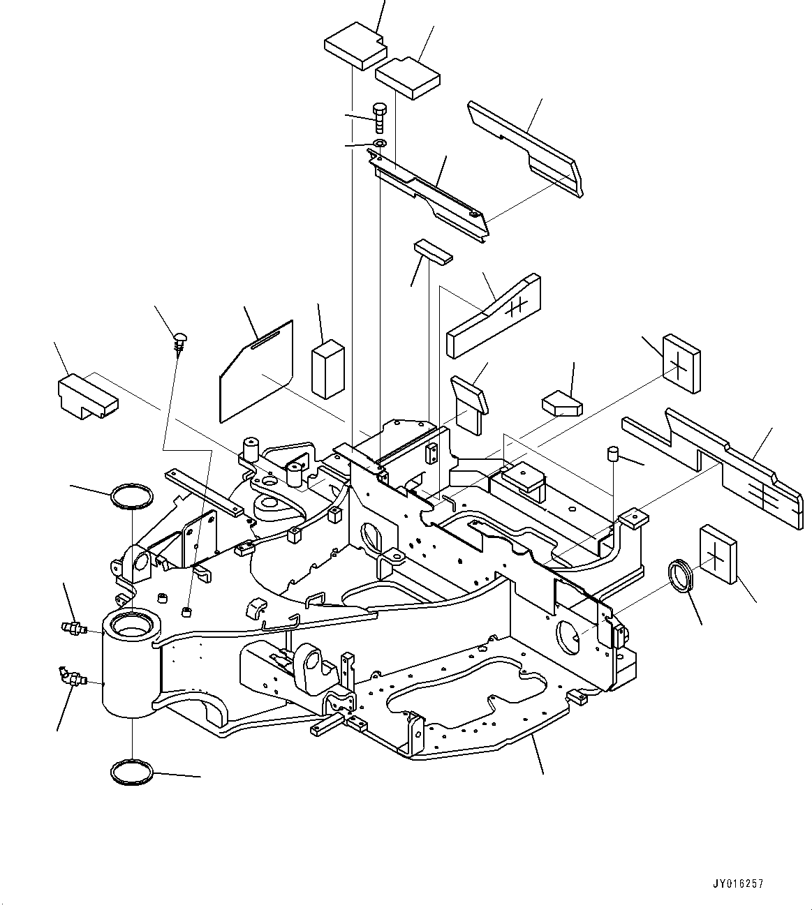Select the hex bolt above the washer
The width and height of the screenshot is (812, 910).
click(379, 117)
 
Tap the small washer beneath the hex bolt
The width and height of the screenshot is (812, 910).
click(379, 144)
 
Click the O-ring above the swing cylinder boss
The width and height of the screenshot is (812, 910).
click(132, 497)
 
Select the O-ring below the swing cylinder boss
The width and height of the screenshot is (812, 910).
click(132, 772)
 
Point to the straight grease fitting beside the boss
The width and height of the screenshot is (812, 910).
click(71, 628)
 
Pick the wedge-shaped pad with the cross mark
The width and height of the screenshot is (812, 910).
click(494, 315)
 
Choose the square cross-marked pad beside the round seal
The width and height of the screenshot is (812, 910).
click(717, 552)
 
